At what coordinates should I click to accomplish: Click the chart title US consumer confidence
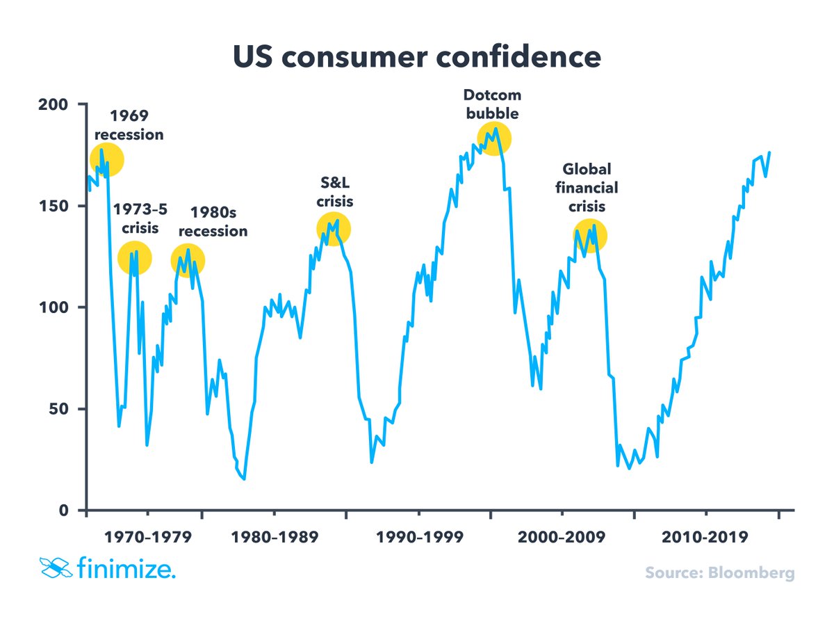click(416, 57)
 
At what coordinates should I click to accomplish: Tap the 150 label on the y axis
click(57, 206)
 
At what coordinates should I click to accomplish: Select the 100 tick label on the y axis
click(57, 307)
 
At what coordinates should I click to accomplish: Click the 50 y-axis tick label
click(61, 409)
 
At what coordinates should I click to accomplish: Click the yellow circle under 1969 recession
click(107, 161)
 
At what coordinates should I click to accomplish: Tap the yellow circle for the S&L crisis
click(334, 229)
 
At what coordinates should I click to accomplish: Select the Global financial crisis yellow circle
click(590, 236)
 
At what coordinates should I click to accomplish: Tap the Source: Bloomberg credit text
click(719, 573)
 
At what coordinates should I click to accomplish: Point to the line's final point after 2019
click(769, 152)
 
